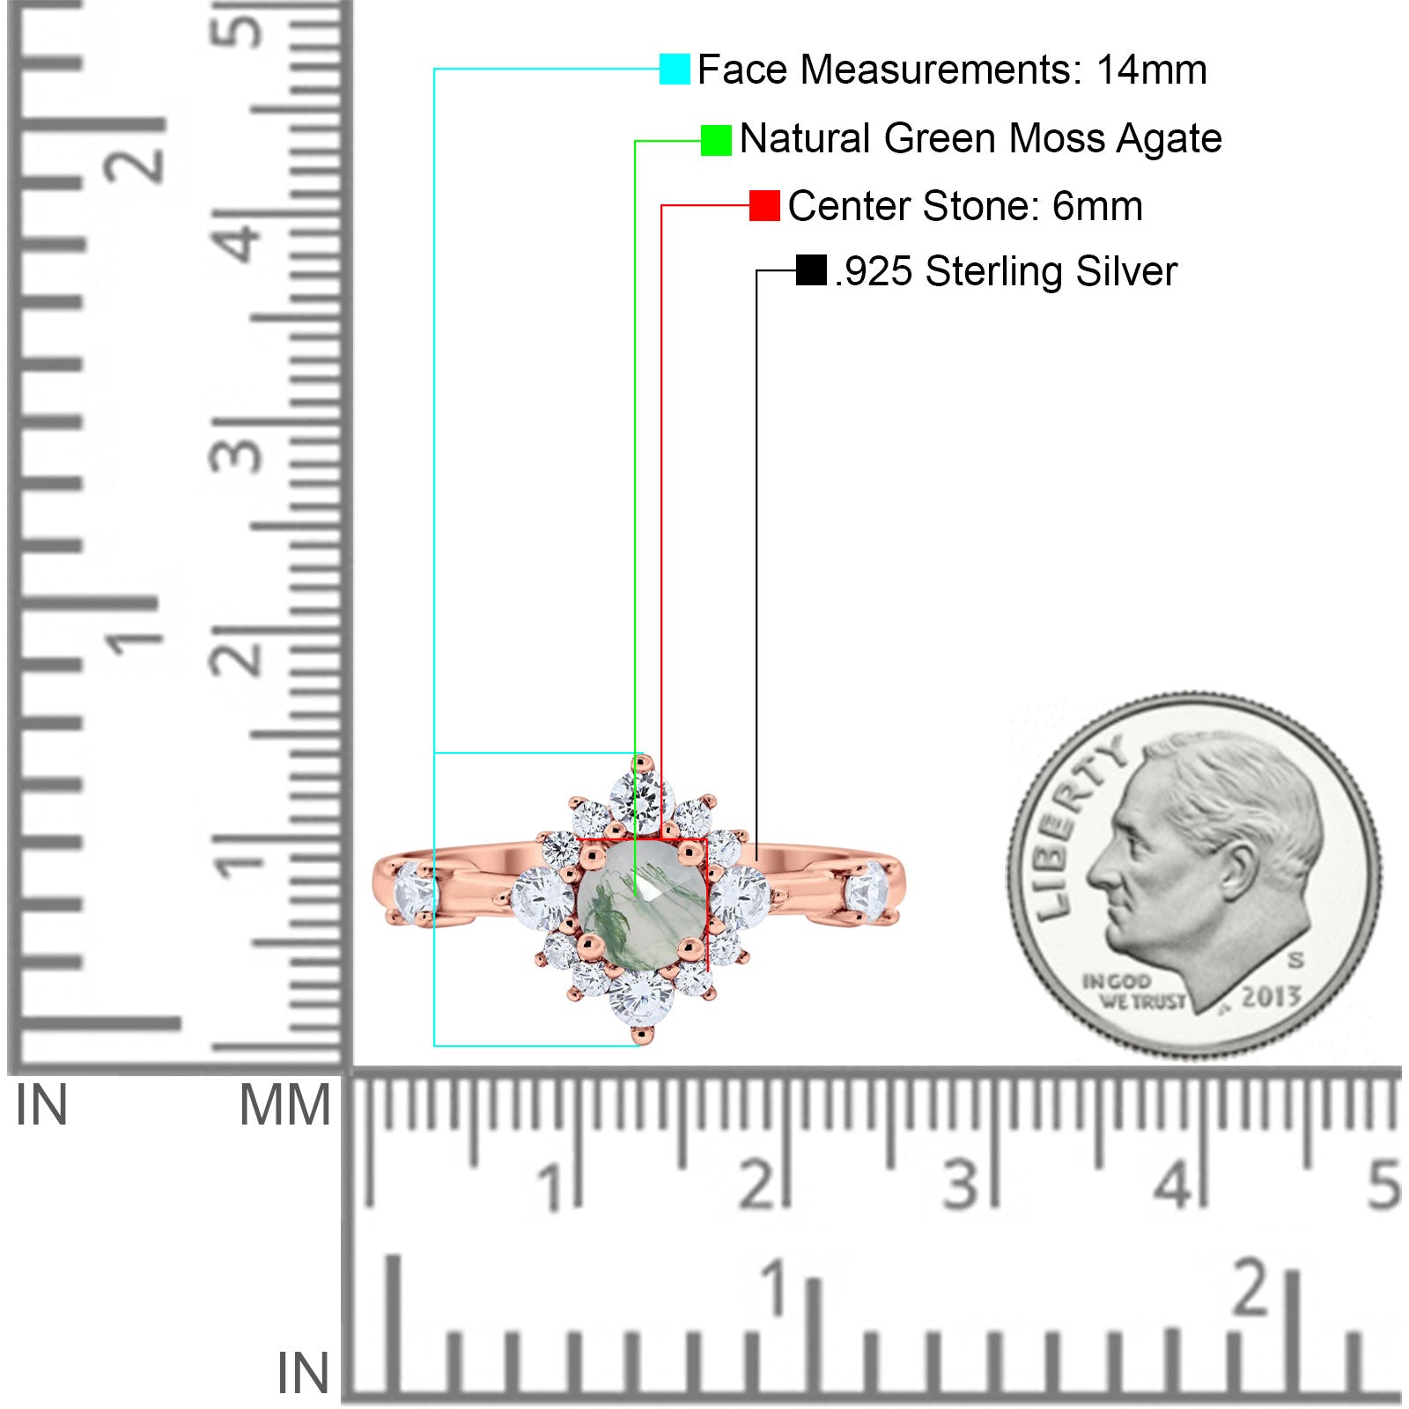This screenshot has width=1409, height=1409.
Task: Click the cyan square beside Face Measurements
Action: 675,69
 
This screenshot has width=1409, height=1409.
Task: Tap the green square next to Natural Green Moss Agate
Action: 716,140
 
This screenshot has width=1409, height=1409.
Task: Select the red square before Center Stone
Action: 764,206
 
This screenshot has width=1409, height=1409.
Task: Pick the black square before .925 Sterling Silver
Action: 811,270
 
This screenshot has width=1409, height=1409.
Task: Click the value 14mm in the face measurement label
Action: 1151,70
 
